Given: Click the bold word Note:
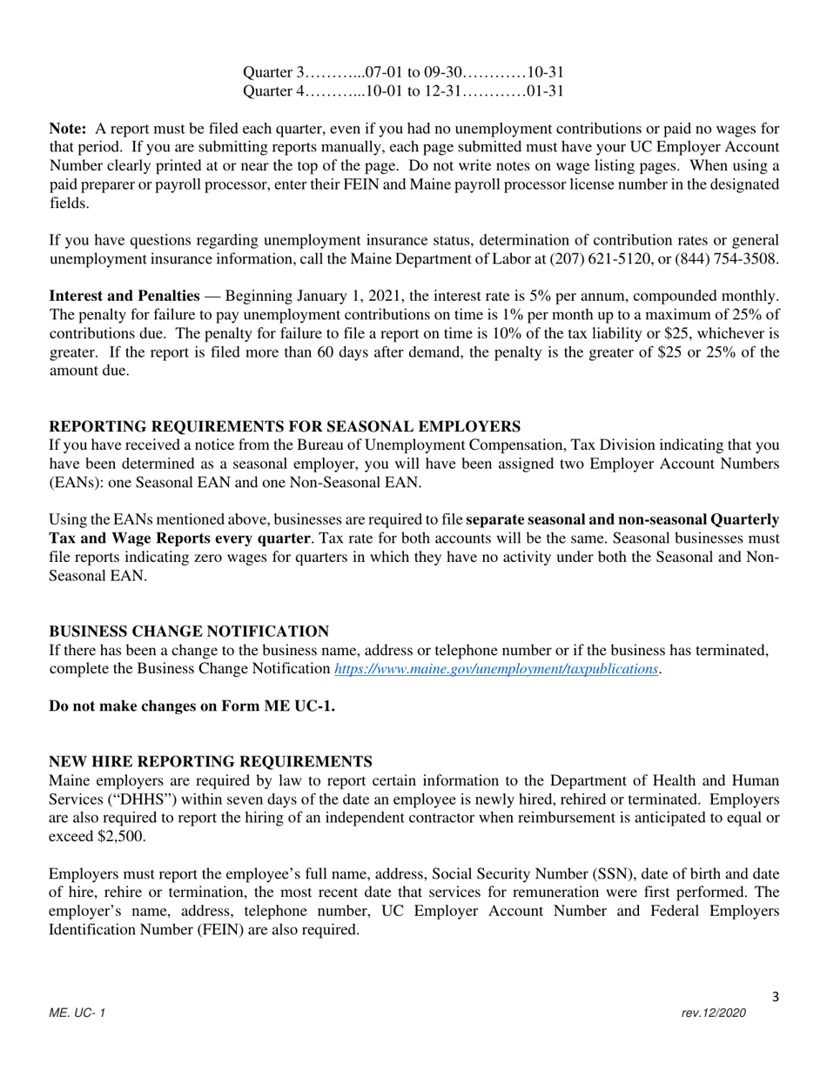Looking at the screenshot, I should coord(67,129).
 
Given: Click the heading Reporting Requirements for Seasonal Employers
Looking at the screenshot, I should coord(285,426).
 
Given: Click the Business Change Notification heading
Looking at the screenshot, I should coord(189,632).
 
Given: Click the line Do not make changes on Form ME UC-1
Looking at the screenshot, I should coord(192,706).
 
